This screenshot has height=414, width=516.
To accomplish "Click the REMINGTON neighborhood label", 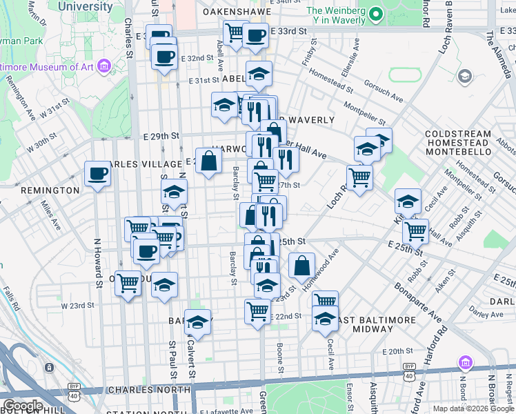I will click(x=50, y=190).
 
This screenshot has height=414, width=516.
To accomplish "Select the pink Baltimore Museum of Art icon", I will click(x=103, y=66).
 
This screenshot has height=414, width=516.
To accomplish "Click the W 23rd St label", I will click(x=77, y=305).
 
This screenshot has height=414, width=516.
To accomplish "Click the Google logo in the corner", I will click(x=23, y=406).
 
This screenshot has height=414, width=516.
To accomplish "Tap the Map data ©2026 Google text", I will click(x=473, y=408).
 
